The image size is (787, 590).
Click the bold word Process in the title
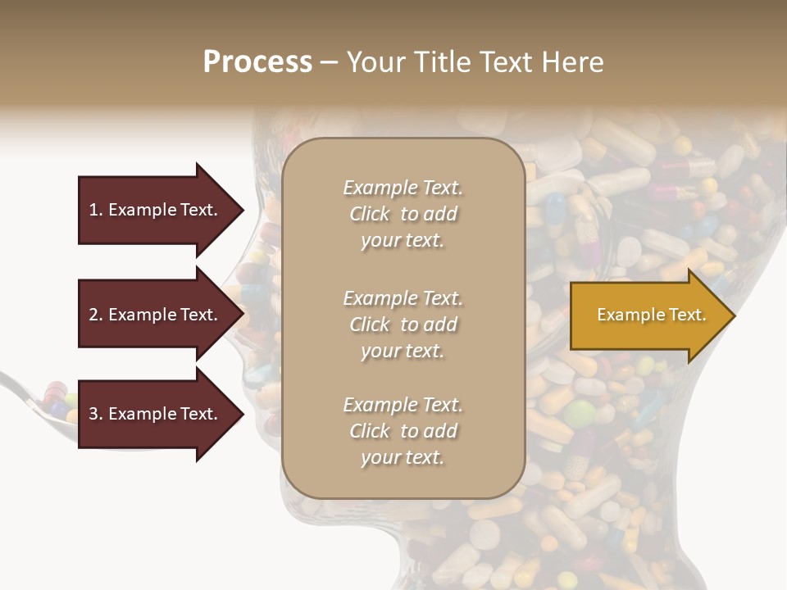coord(257,62)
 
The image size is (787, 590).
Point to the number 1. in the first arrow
coord(96,210)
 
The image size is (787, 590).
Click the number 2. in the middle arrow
coord(96,315)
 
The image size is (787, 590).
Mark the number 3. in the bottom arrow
coord(96,414)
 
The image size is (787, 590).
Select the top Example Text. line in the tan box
coord(403,188)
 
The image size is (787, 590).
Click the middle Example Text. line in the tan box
coord(403,298)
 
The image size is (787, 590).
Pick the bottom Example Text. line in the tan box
coord(403,405)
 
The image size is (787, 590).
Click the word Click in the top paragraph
coord(370,214)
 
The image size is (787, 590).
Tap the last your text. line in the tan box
coord(403,457)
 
